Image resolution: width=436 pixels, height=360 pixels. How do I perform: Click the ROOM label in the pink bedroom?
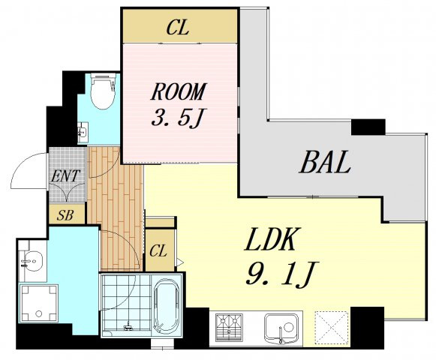[x=179, y=91]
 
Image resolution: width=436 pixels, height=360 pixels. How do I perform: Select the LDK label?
[x=269, y=240]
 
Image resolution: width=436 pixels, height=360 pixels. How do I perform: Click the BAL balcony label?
[x=324, y=162]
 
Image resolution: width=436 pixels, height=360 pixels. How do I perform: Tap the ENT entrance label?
[x=65, y=175]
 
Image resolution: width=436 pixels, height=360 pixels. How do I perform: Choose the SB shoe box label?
[x=65, y=215]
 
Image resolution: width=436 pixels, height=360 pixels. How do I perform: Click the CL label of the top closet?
[x=179, y=28]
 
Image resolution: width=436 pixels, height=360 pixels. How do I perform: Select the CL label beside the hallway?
[x=158, y=250]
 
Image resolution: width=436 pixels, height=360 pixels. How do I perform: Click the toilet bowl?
[x=103, y=91]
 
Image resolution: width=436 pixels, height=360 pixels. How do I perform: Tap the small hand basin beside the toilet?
[x=83, y=133]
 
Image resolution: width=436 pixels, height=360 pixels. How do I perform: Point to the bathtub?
[x=167, y=305]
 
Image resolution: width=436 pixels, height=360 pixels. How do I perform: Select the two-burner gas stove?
[x=230, y=328]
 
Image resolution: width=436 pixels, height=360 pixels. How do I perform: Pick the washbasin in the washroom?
[x=31, y=261]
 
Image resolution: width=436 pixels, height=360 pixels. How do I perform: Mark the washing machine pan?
[x=39, y=303]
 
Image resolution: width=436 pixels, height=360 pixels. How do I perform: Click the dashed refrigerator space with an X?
[x=332, y=328]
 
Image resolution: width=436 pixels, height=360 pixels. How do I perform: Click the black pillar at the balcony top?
[x=368, y=127]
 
